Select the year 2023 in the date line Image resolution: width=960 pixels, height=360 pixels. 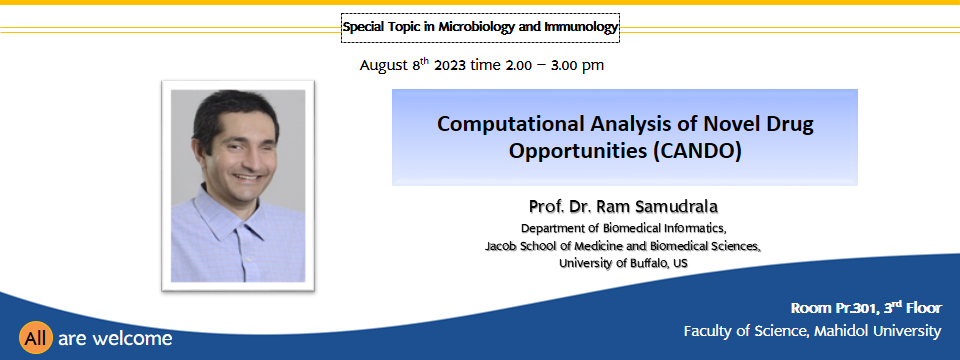pyautogui.click(x=450, y=66)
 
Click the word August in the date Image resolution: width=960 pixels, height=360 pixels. pyautogui.click(x=384, y=66)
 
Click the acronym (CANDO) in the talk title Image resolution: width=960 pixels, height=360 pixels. pyautogui.click(x=697, y=151)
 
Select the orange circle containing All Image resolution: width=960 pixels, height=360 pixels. pyautogui.click(x=36, y=337)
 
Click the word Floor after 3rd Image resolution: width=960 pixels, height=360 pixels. pyautogui.click(x=924, y=308)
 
